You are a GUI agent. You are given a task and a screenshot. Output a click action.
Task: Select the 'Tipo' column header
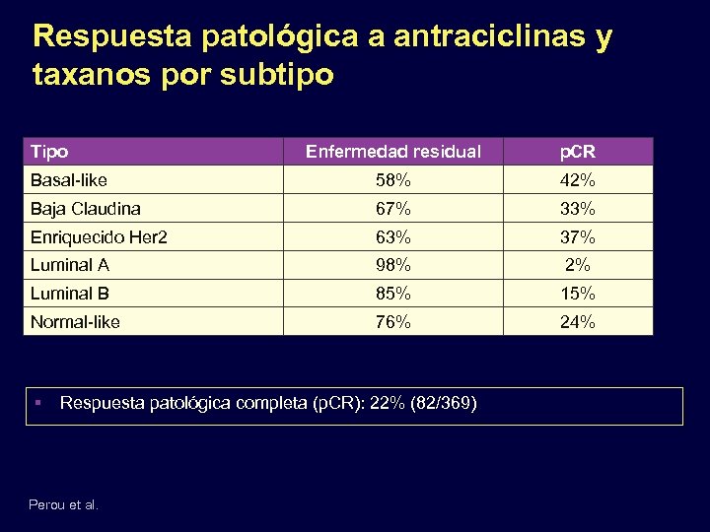coord(50,152)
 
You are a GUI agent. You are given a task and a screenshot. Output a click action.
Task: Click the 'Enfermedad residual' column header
coord(393,152)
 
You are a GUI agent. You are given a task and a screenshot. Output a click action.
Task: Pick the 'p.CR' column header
coord(577,153)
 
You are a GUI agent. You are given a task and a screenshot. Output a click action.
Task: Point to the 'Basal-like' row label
coord(69,180)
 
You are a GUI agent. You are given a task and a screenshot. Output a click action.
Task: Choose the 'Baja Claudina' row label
coord(86,209)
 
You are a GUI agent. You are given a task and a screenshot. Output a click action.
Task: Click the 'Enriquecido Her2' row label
coord(98,237)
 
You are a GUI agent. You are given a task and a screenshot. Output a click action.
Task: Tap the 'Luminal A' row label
coord(70,265)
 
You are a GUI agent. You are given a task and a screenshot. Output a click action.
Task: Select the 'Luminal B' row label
coord(70,294)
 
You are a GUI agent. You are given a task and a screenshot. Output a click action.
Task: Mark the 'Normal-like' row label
coord(76,322)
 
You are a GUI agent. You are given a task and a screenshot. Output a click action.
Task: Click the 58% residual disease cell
coord(393,180)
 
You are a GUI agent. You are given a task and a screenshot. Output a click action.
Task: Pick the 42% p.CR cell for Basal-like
coord(577,180)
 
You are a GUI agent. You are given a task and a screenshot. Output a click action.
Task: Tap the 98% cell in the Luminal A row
coord(393,265)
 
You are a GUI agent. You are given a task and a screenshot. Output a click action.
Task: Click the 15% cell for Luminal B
coord(577,294)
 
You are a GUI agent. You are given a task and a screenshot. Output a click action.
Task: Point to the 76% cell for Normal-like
coord(393,322)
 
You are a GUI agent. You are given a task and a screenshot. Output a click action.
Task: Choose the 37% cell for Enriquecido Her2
coord(577,237)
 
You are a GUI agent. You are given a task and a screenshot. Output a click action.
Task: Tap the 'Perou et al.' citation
coord(64,504)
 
